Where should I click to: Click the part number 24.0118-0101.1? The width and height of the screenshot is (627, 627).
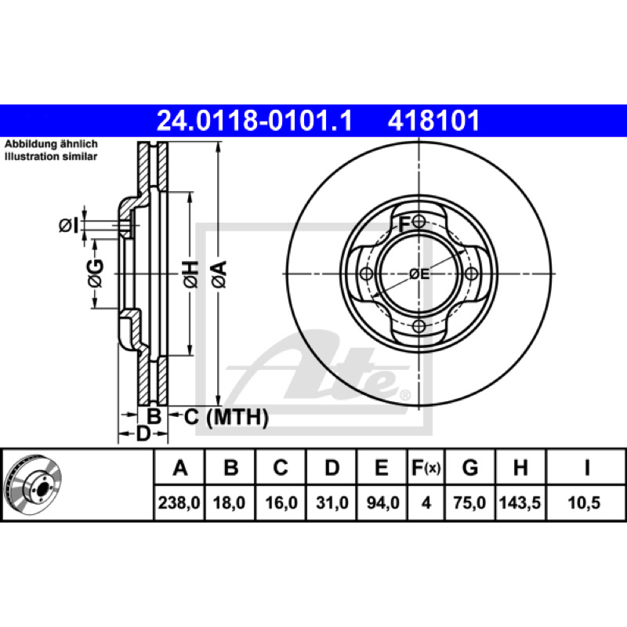point(255,121)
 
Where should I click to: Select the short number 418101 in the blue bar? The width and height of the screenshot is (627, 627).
point(433,121)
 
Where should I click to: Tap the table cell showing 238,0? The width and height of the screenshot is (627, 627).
point(179,502)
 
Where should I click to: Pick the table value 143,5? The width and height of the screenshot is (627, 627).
point(520,502)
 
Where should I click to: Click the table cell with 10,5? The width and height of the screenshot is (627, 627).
point(584,502)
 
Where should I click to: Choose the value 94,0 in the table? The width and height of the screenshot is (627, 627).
point(382,502)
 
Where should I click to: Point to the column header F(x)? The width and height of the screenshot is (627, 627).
point(426,468)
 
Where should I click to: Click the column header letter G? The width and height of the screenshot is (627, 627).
point(470,468)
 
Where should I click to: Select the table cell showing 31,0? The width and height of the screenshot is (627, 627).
point(332,502)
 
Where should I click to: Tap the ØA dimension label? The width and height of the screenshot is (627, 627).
point(219,274)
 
